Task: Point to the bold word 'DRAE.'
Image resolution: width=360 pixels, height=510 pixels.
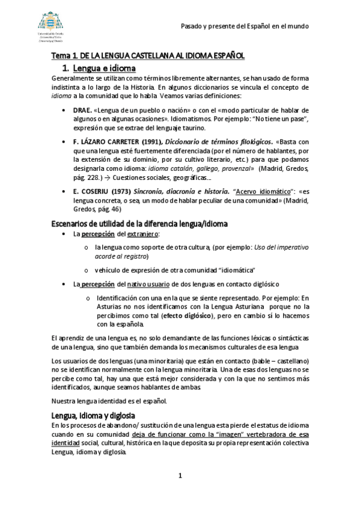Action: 82,111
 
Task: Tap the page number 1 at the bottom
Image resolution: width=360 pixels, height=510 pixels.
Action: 180,476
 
